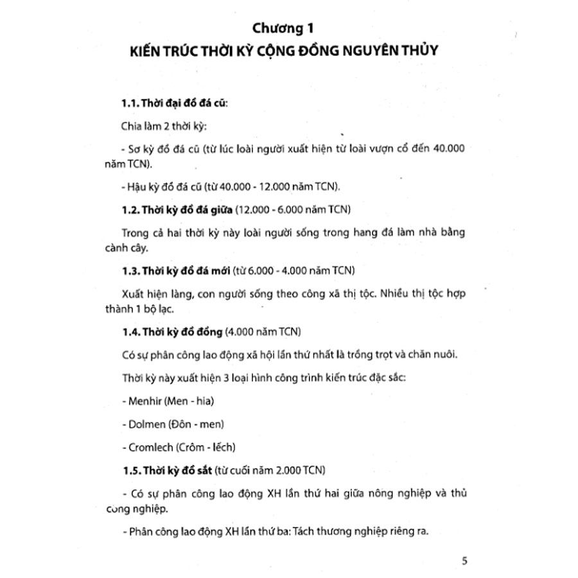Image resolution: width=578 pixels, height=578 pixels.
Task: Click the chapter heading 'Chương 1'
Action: tap(289, 28)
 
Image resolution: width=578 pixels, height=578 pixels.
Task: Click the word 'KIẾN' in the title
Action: tap(146, 51)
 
